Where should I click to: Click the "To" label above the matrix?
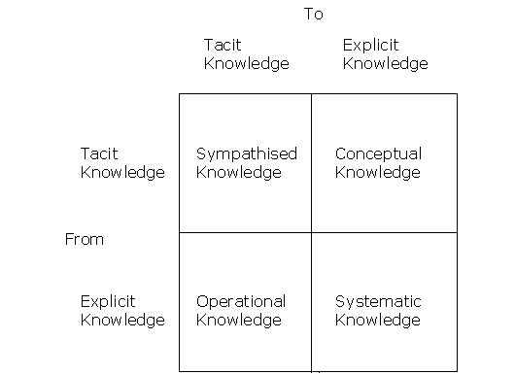tap(313, 14)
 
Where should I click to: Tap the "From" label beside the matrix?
tap(85, 239)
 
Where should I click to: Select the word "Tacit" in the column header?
tap(222, 45)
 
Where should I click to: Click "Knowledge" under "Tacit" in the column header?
tap(247, 64)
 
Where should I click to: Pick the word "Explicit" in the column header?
tap(371, 45)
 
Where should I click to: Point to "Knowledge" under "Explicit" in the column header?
tap(386, 64)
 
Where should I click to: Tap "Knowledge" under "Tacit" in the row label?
tap(122, 173)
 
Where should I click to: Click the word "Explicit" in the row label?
tap(108, 301)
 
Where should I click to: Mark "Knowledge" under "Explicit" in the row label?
tap(122, 320)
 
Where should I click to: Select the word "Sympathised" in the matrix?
tap(247, 153)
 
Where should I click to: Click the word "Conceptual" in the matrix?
tap(378, 153)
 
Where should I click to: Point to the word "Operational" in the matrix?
tap(241, 301)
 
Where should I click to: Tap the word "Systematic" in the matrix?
tap(378, 301)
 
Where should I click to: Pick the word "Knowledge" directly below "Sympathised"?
tap(239, 173)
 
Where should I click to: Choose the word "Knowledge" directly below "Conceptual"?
tap(378, 173)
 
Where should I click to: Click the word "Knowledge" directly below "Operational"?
tap(239, 320)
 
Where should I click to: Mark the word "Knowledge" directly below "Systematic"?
tap(378, 320)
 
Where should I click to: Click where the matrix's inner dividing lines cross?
tap(311, 232)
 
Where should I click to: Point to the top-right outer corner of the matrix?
tap(457, 94)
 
